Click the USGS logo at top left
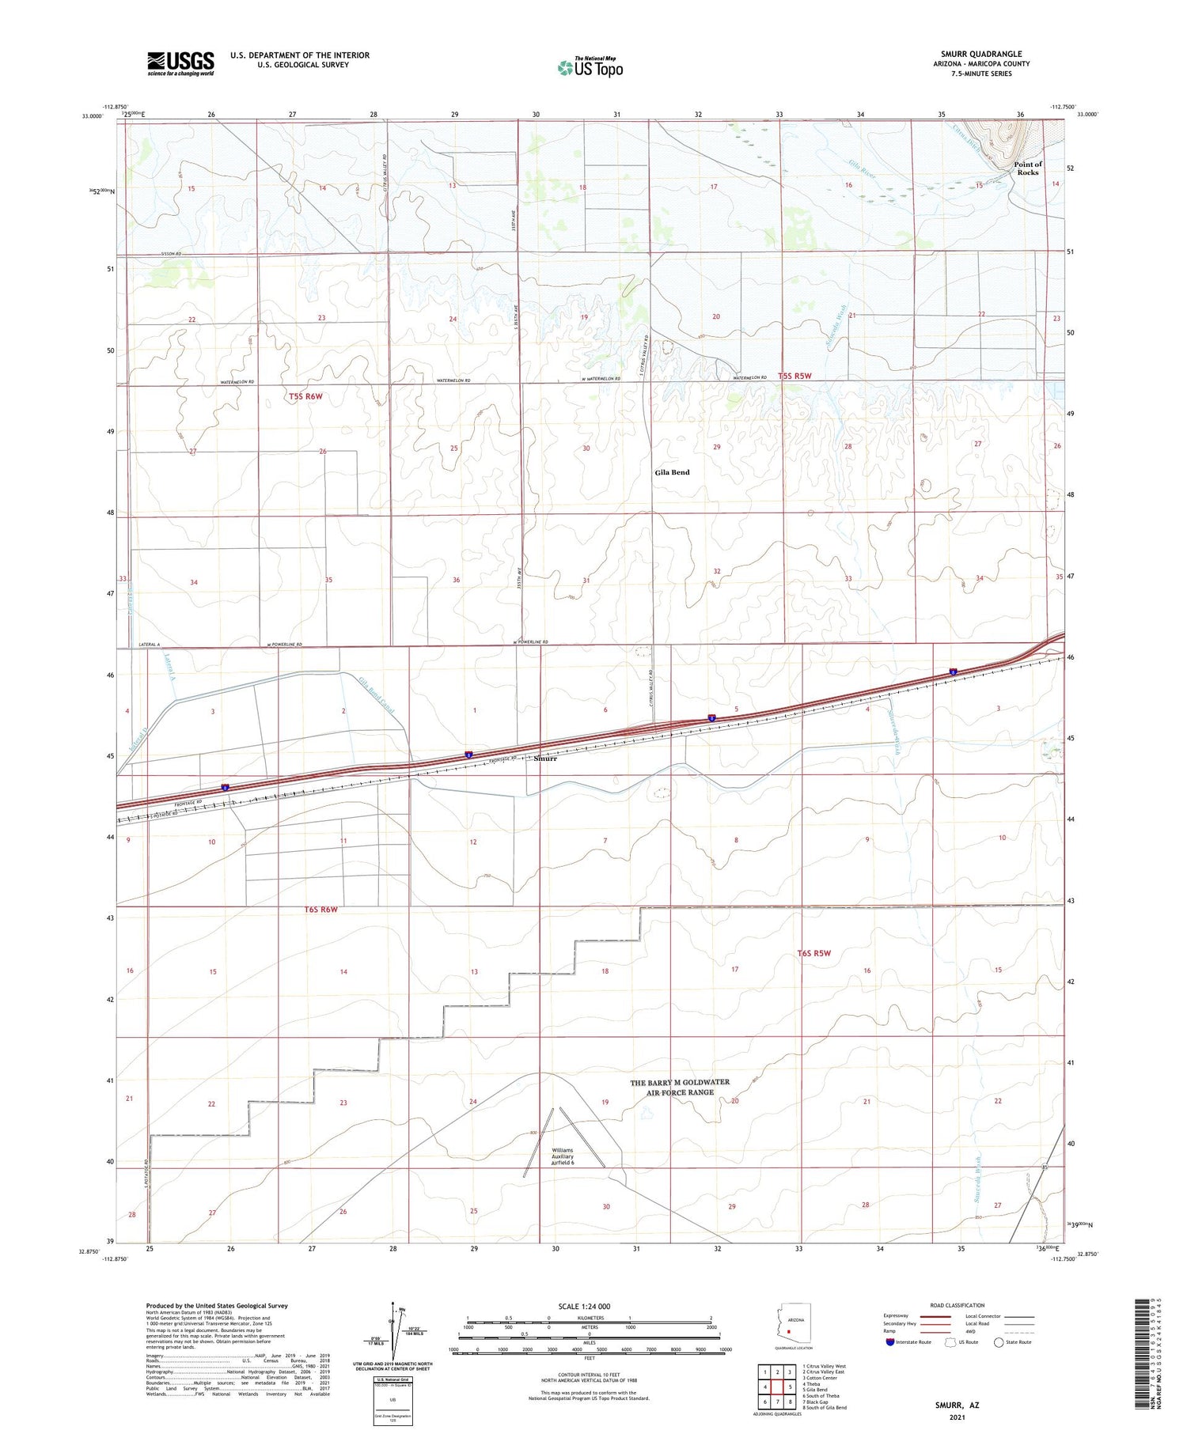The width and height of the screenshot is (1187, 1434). point(180,63)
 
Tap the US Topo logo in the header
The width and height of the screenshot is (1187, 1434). point(590,67)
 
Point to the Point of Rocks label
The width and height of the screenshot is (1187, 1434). point(1027,168)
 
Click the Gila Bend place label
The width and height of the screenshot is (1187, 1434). point(672,472)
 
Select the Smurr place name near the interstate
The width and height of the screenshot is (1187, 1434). point(545,759)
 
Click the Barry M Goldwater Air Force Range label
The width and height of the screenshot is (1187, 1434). point(680,1087)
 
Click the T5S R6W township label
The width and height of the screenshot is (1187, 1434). point(306,396)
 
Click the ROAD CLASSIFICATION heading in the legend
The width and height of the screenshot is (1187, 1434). point(958,1305)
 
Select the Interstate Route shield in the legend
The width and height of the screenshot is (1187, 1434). point(890,1342)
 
